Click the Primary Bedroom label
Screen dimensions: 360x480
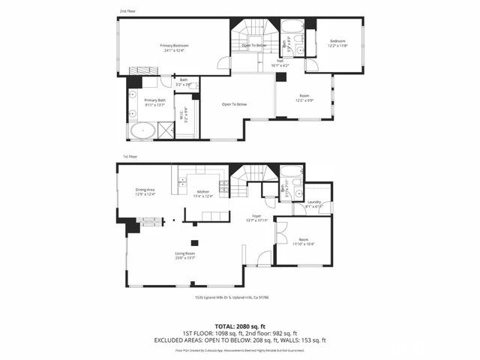click(x=174, y=47)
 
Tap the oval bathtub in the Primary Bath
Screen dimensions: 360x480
click(x=142, y=132)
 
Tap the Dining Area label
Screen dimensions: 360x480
click(x=145, y=192)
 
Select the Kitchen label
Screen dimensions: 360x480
click(x=203, y=194)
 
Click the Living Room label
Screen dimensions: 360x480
click(x=185, y=256)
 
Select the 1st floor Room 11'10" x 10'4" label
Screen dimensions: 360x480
click(x=304, y=241)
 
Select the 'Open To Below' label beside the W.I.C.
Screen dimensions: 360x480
click(x=234, y=104)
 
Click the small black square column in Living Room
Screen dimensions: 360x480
click(x=194, y=242)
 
